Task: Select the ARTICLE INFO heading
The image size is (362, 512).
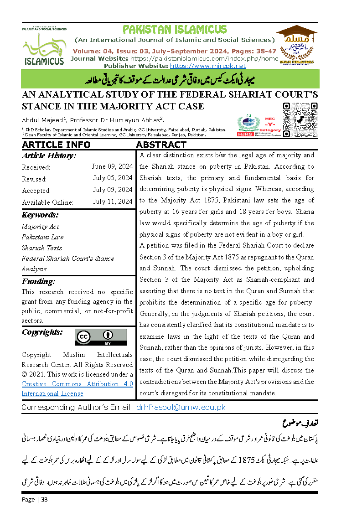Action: coord(56,145)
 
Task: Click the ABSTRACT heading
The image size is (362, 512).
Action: coord(161,145)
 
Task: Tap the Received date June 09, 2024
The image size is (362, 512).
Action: coord(112,166)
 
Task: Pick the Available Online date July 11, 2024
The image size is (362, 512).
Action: coord(113,202)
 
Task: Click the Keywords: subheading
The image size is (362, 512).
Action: coord(40,215)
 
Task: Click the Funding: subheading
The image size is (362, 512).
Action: coord(38,281)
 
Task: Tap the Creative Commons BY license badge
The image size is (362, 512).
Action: coord(101,337)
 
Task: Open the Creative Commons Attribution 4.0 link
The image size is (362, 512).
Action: coord(77,388)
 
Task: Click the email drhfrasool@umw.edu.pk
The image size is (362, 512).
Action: coord(181,407)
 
